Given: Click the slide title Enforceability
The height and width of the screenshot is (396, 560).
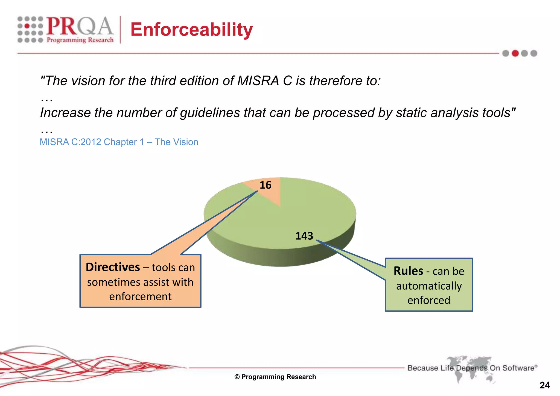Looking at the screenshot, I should coord(191,30).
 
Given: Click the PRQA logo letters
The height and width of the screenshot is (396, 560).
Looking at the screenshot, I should coord(79,26).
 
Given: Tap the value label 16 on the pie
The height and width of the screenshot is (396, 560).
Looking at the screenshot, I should coord(265,185).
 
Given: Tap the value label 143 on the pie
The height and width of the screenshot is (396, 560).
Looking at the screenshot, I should coord(304,236).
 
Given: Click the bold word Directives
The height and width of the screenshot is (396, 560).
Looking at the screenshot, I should coord(113,267).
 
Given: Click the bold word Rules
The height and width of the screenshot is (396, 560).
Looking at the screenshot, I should coord(408,271).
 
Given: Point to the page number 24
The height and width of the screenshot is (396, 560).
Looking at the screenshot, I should coord(544,385).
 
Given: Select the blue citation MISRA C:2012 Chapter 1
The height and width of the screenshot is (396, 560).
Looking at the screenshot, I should coord(119,142).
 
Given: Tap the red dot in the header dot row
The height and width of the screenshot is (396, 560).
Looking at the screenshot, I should coord(515,53).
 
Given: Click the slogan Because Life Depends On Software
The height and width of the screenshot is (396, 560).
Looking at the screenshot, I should coord(472,368).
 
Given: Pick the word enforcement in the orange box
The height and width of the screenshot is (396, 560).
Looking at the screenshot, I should coord(140,297).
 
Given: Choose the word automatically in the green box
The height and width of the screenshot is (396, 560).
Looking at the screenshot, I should coord(429,286).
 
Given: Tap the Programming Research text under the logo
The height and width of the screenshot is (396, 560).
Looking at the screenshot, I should coord(80,40).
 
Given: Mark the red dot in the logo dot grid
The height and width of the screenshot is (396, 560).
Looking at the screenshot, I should coord(27,26).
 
